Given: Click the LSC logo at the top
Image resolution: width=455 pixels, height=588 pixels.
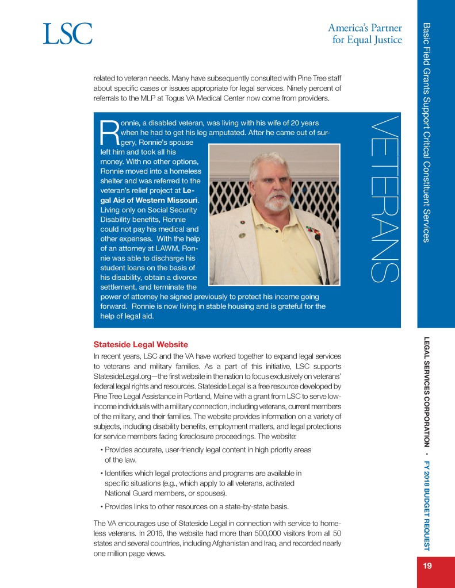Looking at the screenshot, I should (67, 34).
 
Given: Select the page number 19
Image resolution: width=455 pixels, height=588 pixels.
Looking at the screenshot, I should (427, 566).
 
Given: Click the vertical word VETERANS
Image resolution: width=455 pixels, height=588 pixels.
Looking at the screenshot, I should (381, 199).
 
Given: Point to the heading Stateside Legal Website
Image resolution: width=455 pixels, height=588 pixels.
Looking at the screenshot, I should (140, 345).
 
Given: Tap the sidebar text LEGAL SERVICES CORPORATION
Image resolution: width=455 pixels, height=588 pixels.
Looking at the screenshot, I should (427, 391).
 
